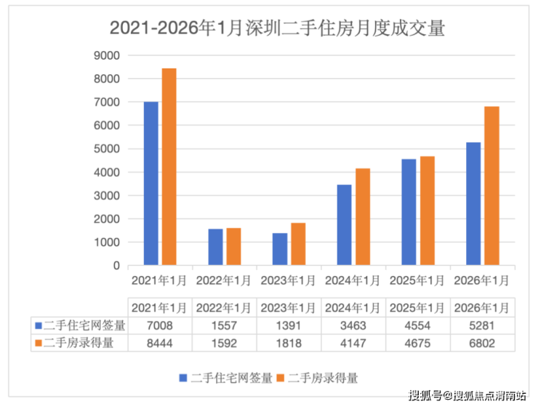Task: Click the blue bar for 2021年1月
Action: pos(151,183)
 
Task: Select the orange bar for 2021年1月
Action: pos(169,167)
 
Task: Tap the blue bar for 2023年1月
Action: pos(280,249)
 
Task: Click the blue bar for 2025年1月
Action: pos(409,212)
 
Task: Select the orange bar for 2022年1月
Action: pos(233,247)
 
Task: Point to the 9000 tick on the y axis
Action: pos(107,55)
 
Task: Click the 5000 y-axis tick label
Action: pos(107,149)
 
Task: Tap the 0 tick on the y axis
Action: pos(115,266)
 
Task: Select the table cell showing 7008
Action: pos(160,325)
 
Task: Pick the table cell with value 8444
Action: pos(160,343)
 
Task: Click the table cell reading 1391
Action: pos(289,325)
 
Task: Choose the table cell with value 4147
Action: pos(353,343)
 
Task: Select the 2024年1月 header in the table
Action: pos(353,306)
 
